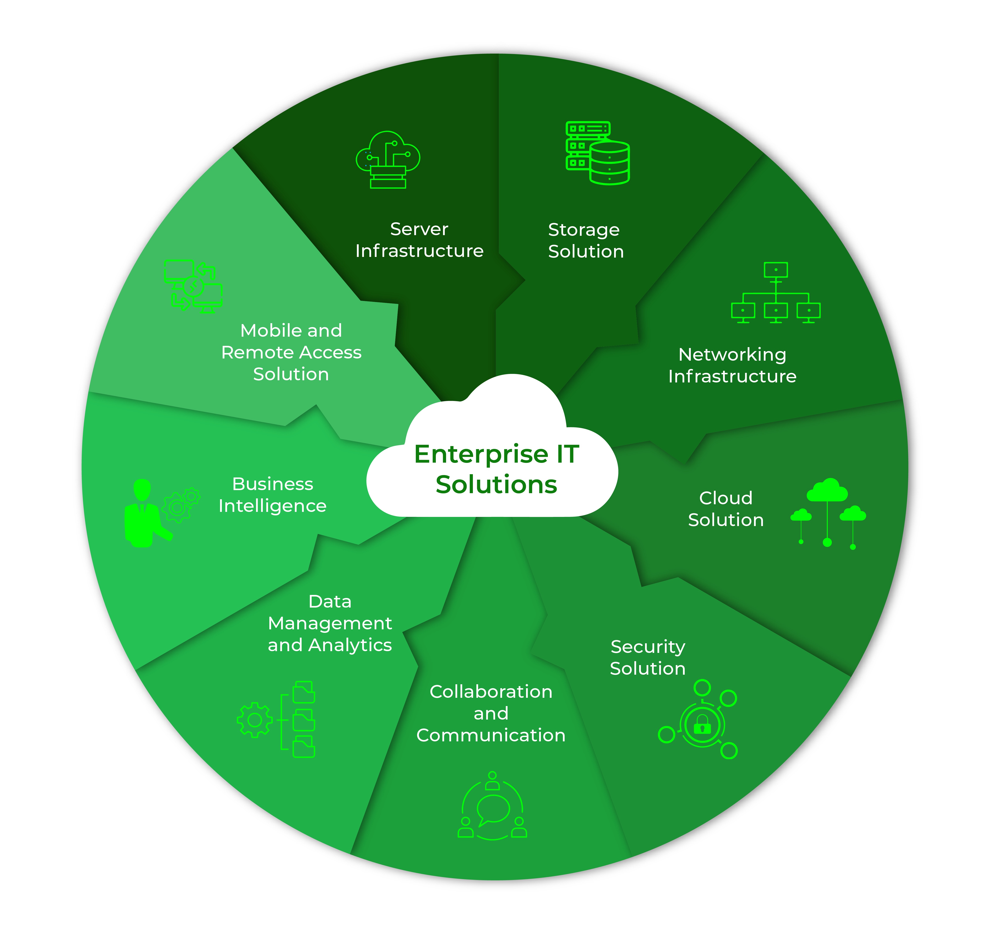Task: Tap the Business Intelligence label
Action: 272,495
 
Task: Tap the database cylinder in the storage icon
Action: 610,163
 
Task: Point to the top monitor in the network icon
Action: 775,270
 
